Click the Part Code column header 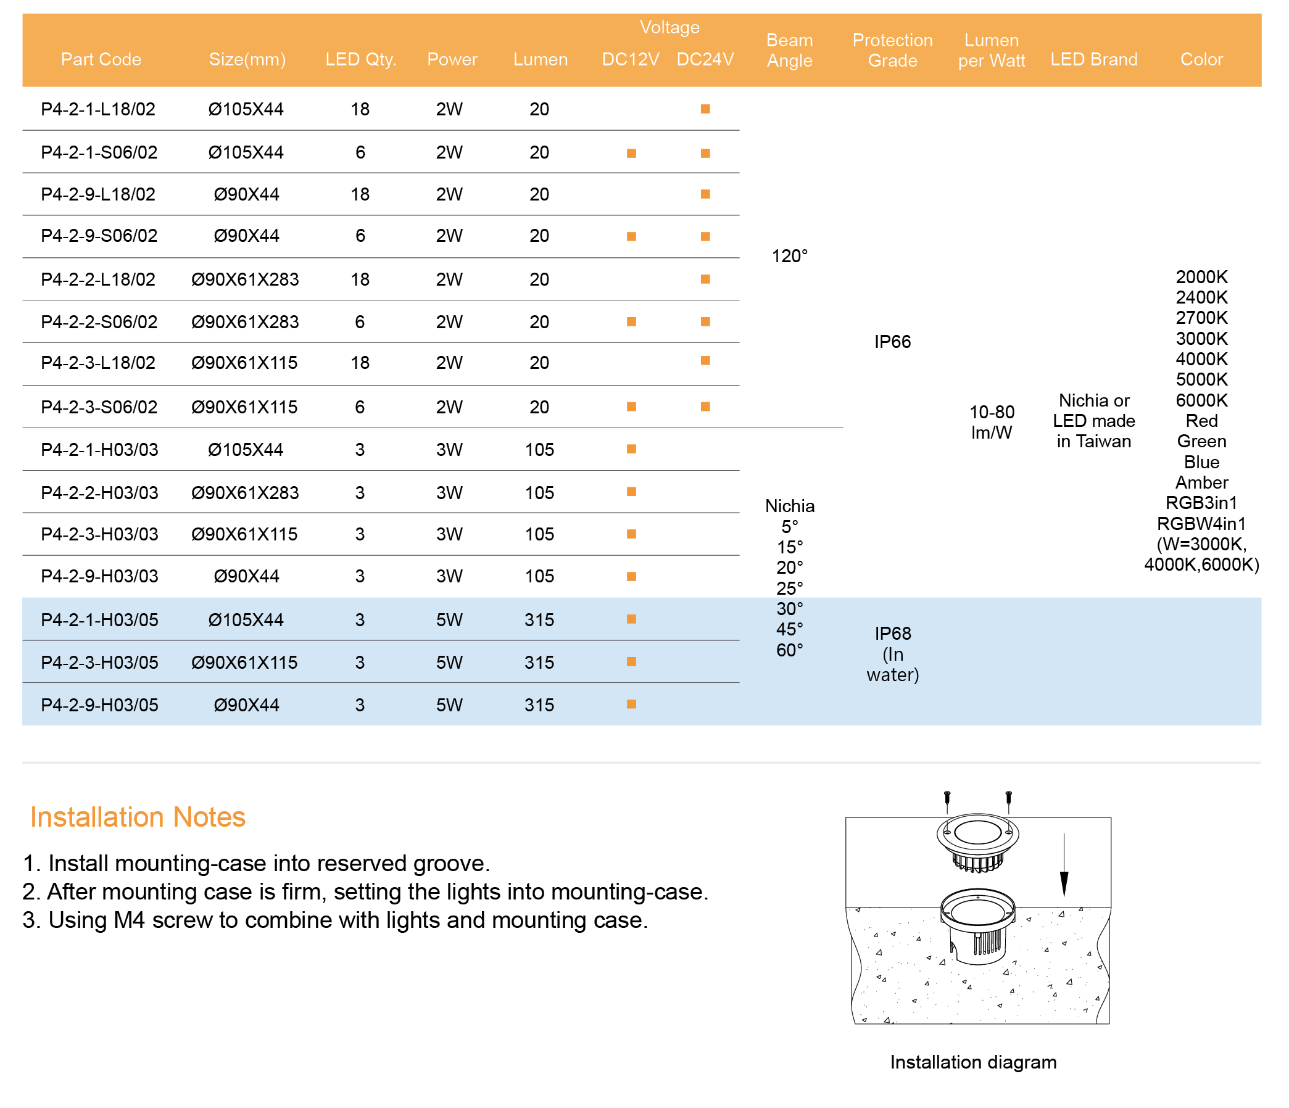[x=101, y=59]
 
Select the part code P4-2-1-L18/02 [x=98, y=109]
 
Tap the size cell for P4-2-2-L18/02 [x=245, y=279]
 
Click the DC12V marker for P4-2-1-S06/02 [x=631, y=153]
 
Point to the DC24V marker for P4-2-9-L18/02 [x=705, y=194]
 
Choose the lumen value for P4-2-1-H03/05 [x=539, y=619]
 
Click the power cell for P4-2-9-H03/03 [x=449, y=576]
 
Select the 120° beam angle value [x=789, y=256]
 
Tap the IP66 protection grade [x=892, y=342]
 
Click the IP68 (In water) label [x=892, y=654]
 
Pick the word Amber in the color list [x=1201, y=483]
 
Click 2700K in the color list [x=1201, y=318]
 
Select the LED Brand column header [x=1093, y=59]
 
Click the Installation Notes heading [x=138, y=817]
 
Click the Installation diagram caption [x=973, y=1062]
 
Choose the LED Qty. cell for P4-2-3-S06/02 [x=360, y=407]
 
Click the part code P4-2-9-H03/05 [x=99, y=705]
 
